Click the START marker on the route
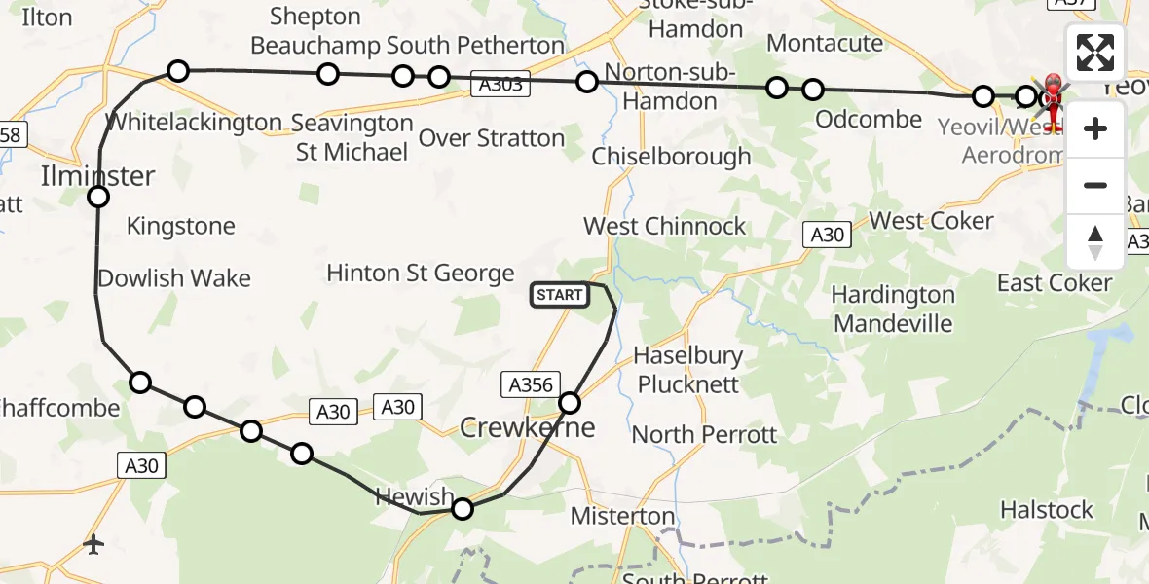[560, 294]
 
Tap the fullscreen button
[1095, 53]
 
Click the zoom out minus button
[1095, 185]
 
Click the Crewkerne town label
[527, 427]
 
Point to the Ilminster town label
[97, 176]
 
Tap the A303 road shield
[500, 85]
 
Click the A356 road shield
[531, 384]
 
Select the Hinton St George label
[420, 273]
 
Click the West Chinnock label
[664, 226]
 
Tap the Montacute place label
[825, 43]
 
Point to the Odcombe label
[869, 119]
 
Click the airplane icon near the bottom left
[93, 544]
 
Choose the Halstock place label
[1047, 509]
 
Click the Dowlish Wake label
[174, 278]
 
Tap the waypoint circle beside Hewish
[463, 508]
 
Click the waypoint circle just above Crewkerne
[570, 402]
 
